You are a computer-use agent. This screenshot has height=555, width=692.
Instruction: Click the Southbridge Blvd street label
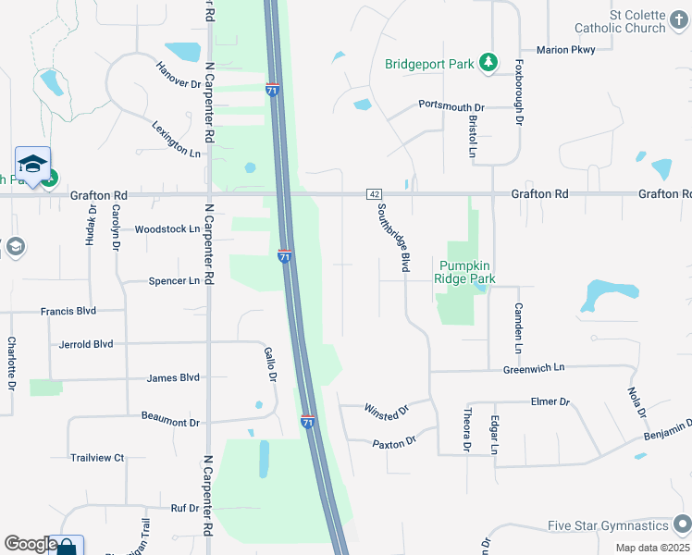(392, 238)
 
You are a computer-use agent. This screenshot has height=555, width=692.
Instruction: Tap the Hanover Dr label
(179, 74)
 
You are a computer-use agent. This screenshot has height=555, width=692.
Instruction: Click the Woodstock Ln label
(167, 228)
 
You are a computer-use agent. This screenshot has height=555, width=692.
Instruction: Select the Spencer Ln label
(174, 280)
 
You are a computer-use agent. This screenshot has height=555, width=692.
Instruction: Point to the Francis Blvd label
(68, 312)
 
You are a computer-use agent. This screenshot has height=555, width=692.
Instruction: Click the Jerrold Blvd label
(85, 344)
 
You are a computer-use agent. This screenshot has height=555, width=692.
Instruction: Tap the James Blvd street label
(173, 377)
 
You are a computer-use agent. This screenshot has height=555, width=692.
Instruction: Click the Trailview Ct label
(97, 457)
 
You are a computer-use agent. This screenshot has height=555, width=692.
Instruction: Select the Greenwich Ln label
(533, 367)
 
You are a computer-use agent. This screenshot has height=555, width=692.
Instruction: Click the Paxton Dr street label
(395, 444)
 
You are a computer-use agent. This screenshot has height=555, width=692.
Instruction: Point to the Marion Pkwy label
(564, 50)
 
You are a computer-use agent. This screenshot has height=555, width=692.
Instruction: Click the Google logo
(31, 544)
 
